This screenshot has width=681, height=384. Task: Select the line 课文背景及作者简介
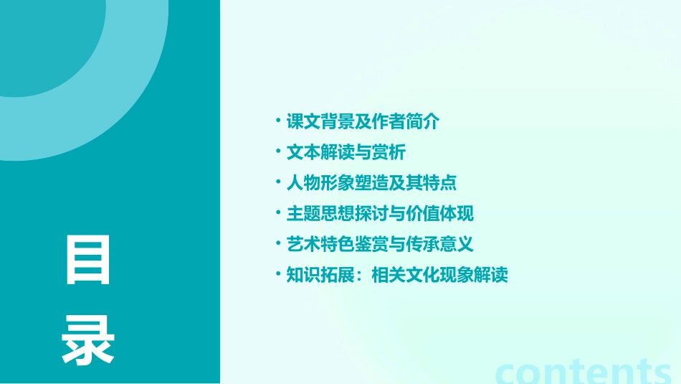point(363,121)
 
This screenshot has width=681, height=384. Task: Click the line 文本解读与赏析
point(346,152)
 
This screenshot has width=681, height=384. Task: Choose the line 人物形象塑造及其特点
point(371,183)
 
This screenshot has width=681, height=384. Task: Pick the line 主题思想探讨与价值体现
point(380,213)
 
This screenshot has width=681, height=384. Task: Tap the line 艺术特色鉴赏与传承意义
point(380,244)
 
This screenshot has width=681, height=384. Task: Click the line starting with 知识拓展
point(397,275)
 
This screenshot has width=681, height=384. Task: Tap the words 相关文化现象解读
point(440,275)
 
